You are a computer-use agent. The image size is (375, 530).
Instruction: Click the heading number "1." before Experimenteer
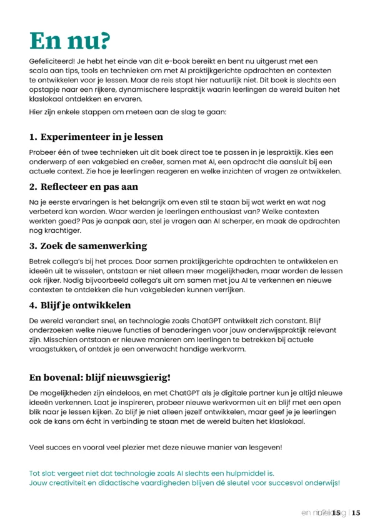34,137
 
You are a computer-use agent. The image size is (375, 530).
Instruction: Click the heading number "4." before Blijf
34,305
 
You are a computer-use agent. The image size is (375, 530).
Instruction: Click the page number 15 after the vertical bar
356,513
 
